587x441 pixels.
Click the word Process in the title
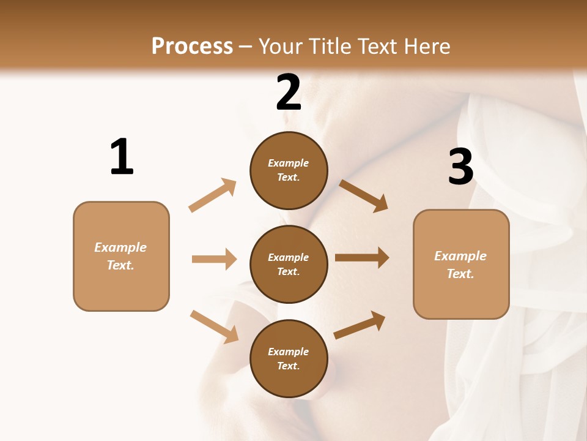pos(192,46)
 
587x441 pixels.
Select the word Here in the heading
pos(427,46)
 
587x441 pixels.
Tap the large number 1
pos(122,157)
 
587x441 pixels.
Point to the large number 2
pos(289,92)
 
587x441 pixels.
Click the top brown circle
pos(289,170)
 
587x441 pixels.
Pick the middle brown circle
pos(289,265)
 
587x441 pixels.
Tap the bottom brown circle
pos(289,359)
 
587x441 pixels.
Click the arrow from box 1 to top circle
pos(213,195)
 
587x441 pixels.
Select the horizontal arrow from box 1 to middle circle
pos(214,259)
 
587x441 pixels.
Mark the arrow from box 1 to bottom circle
pos(214,326)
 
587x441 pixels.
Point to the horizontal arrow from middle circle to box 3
pos(362,257)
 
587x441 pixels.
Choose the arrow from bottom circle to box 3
pos(360,325)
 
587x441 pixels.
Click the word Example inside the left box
pos(120,247)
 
